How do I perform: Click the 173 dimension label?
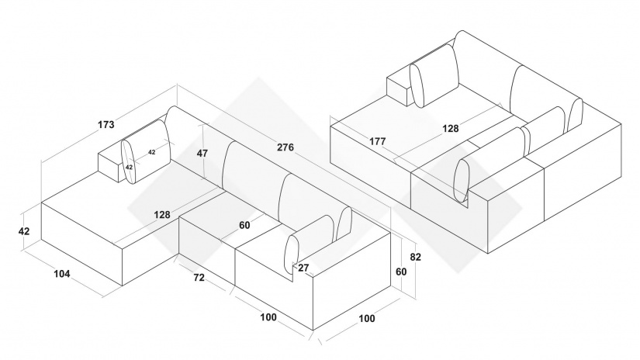[106, 124]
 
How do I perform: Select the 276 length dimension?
[285, 147]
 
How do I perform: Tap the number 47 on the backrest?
[202, 153]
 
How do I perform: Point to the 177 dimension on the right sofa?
[378, 141]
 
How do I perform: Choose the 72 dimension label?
[199, 277]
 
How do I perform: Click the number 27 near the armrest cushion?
[303, 268]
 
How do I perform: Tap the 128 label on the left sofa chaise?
[162, 214]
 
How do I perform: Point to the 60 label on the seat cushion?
[244, 226]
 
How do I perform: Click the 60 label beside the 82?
[401, 272]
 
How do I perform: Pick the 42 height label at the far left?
[24, 231]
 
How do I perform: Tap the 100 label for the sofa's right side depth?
[366, 318]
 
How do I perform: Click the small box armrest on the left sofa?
[111, 164]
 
